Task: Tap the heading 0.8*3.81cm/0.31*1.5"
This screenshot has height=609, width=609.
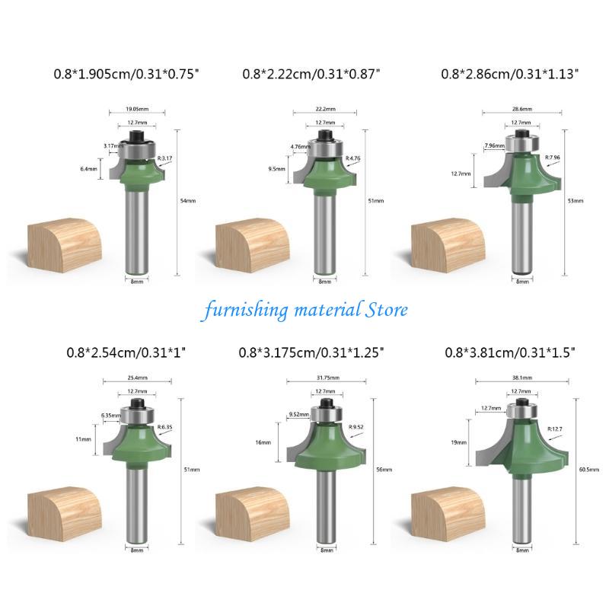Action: pos(511,352)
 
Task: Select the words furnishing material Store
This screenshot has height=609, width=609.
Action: pos(304,310)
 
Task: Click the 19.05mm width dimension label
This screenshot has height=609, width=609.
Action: pos(138,109)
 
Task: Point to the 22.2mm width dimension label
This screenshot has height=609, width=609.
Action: pos(325,109)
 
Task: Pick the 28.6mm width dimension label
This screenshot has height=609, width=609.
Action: pos(521,109)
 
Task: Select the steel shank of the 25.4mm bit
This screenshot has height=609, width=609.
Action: pos(138,502)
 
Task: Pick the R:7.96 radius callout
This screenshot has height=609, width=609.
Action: pos(553,158)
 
